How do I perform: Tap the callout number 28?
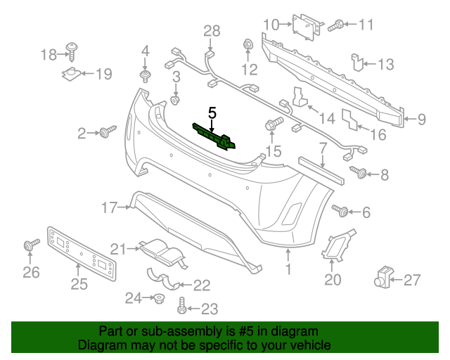click(212, 30)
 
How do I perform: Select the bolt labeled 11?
click(335, 25)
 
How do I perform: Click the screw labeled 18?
click(72, 49)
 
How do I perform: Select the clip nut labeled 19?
click(73, 73)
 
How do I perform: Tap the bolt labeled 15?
click(273, 125)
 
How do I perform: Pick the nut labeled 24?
click(160, 299)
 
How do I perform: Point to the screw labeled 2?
click(109, 131)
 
